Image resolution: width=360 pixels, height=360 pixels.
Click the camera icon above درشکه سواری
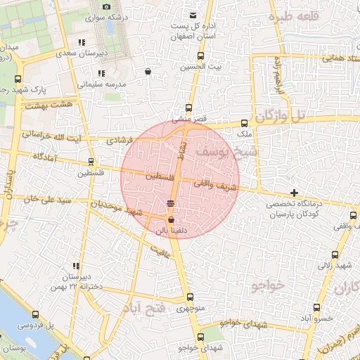(106, 6)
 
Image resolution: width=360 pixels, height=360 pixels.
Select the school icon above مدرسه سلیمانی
(101, 72)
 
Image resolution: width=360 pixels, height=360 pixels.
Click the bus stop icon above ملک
(245, 122)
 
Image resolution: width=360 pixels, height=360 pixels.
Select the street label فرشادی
(120, 141)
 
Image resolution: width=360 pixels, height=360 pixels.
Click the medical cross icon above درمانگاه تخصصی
(294, 193)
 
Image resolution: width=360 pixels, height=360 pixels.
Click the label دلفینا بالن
(171, 229)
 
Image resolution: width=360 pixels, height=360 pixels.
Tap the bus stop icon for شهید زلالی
(335, 255)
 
